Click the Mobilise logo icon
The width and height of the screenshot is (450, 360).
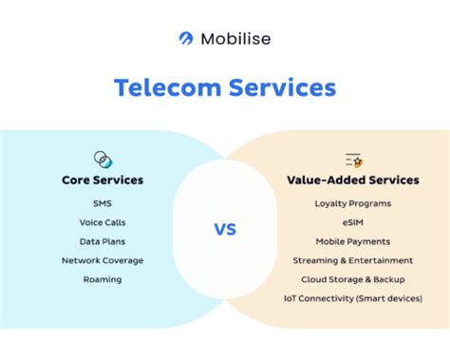click(x=187, y=38)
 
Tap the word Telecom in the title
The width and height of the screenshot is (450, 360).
click(x=168, y=88)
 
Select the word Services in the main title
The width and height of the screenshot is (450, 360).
click(x=280, y=88)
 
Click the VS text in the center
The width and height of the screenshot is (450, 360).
click(x=225, y=229)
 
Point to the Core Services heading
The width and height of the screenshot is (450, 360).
click(x=102, y=180)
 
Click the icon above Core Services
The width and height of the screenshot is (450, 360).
click(x=102, y=158)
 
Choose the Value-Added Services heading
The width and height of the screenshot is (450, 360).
click(x=352, y=180)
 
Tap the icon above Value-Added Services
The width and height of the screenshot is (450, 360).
click(x=353, y=159)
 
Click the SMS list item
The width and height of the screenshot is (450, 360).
click(x=102, y=203)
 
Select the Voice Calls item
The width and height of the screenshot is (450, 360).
click(x=102, y=222)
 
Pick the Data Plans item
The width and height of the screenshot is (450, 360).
click(x=102, y=241)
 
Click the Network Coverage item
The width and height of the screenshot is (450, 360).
click(x=102, y=260)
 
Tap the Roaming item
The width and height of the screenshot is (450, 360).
click(x=102, y=279)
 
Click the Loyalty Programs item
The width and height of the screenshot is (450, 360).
click(x=352, y=203)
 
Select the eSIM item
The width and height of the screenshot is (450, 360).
click(x=352, y=222)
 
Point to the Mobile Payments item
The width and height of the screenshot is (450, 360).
click(x=352, y=241)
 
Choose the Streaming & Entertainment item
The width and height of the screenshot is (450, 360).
click(x=352, y=260)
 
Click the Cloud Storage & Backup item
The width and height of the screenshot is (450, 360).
click(x=352, y=279)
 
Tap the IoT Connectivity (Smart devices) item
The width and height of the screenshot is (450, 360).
click(x=352, y=298)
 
